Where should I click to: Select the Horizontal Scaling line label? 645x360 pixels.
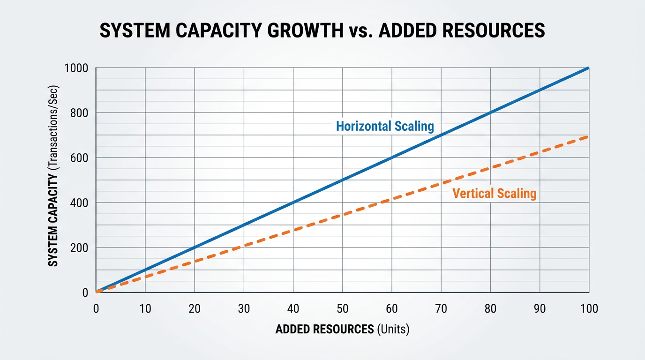[x=385, y=126]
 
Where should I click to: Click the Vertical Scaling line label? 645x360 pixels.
[x=494, y=193]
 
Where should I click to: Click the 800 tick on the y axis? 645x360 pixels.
[x=79, y=113]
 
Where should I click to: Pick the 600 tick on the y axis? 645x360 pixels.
[x=79, y=158]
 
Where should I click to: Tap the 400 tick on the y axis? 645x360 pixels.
[x=79, y=202]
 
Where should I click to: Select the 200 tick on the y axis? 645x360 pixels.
[x=79, y=247]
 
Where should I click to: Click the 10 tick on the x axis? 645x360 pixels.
[x=145, y=308]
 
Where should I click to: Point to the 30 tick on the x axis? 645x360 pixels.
[x=244, y=308]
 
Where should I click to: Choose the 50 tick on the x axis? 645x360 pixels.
[x=343, y=308]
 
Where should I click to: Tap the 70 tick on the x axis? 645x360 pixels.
[x=441, y=308]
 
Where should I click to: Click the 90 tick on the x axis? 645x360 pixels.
[x=540, y=308]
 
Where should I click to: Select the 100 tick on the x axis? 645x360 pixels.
[x=589, y=308]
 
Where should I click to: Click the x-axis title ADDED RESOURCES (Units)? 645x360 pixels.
[x=342, y=330]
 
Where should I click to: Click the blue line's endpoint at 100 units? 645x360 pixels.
[x=588, y=68]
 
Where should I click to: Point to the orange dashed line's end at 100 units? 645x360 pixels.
[x=588, y=136]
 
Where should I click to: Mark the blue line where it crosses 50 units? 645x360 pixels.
[x=343, y=180]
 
